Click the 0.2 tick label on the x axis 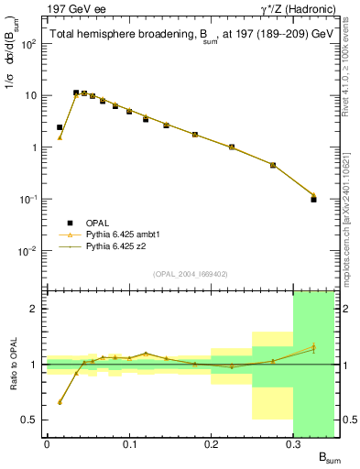coord(211,444)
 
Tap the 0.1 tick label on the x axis coord(128,444)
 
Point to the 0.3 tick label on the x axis coord(293,444)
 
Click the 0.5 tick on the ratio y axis coord(33,420)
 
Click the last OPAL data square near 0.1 coord(313,199)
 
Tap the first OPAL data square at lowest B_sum coord(60,127)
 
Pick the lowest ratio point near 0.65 coord(60,402)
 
